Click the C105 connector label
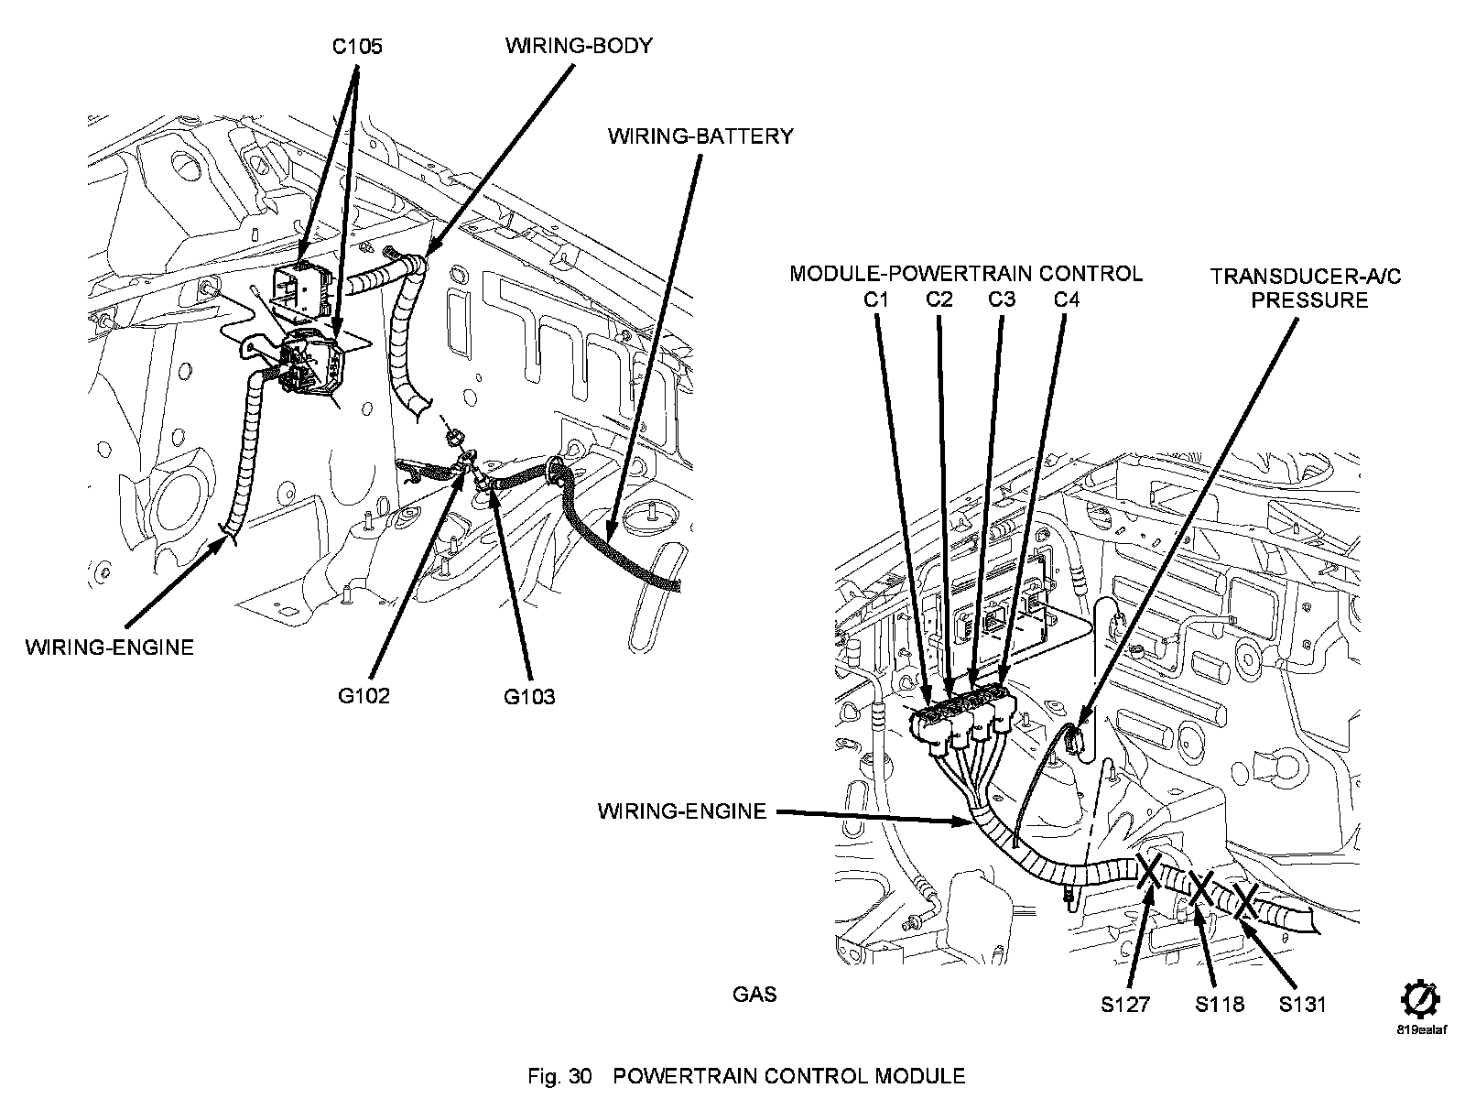click(x=357, y=46)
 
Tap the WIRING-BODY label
click(x=579, y=46)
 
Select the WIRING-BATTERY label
click(x=700, y=136)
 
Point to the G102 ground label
click(x=364, y=696)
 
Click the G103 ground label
click(x=529, y=697)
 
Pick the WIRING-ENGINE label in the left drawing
click(x=110, y=647)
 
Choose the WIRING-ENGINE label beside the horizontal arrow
click(x=682, y=811)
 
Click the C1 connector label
click(x=876, y=299)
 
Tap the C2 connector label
click(x=939, y=299)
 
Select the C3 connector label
click(x=1002, y=299)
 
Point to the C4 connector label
click(x=1066, y=299)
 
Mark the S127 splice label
click(x=1125, y=1005)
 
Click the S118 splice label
click(x=1220, y=1005)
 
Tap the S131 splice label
click(x=1302, y=1005)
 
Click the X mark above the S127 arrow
click(x=1150, y=870)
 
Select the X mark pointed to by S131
click(x=1245, y=900)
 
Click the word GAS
click(x=754, y=994)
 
